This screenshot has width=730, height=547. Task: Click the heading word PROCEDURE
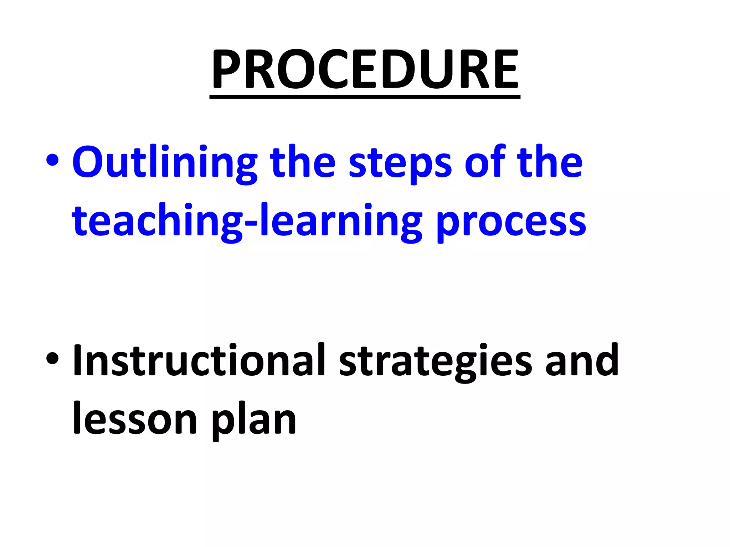[x=365, y=69]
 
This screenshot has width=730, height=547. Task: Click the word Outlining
[x=164, y=162]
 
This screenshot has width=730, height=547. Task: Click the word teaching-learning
[x=247, y=221]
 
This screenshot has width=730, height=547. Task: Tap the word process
[x=511, y=223]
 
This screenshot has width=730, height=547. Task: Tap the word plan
[x=254, y=420]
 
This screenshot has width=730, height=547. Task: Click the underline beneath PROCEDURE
[x=365, y=97]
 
